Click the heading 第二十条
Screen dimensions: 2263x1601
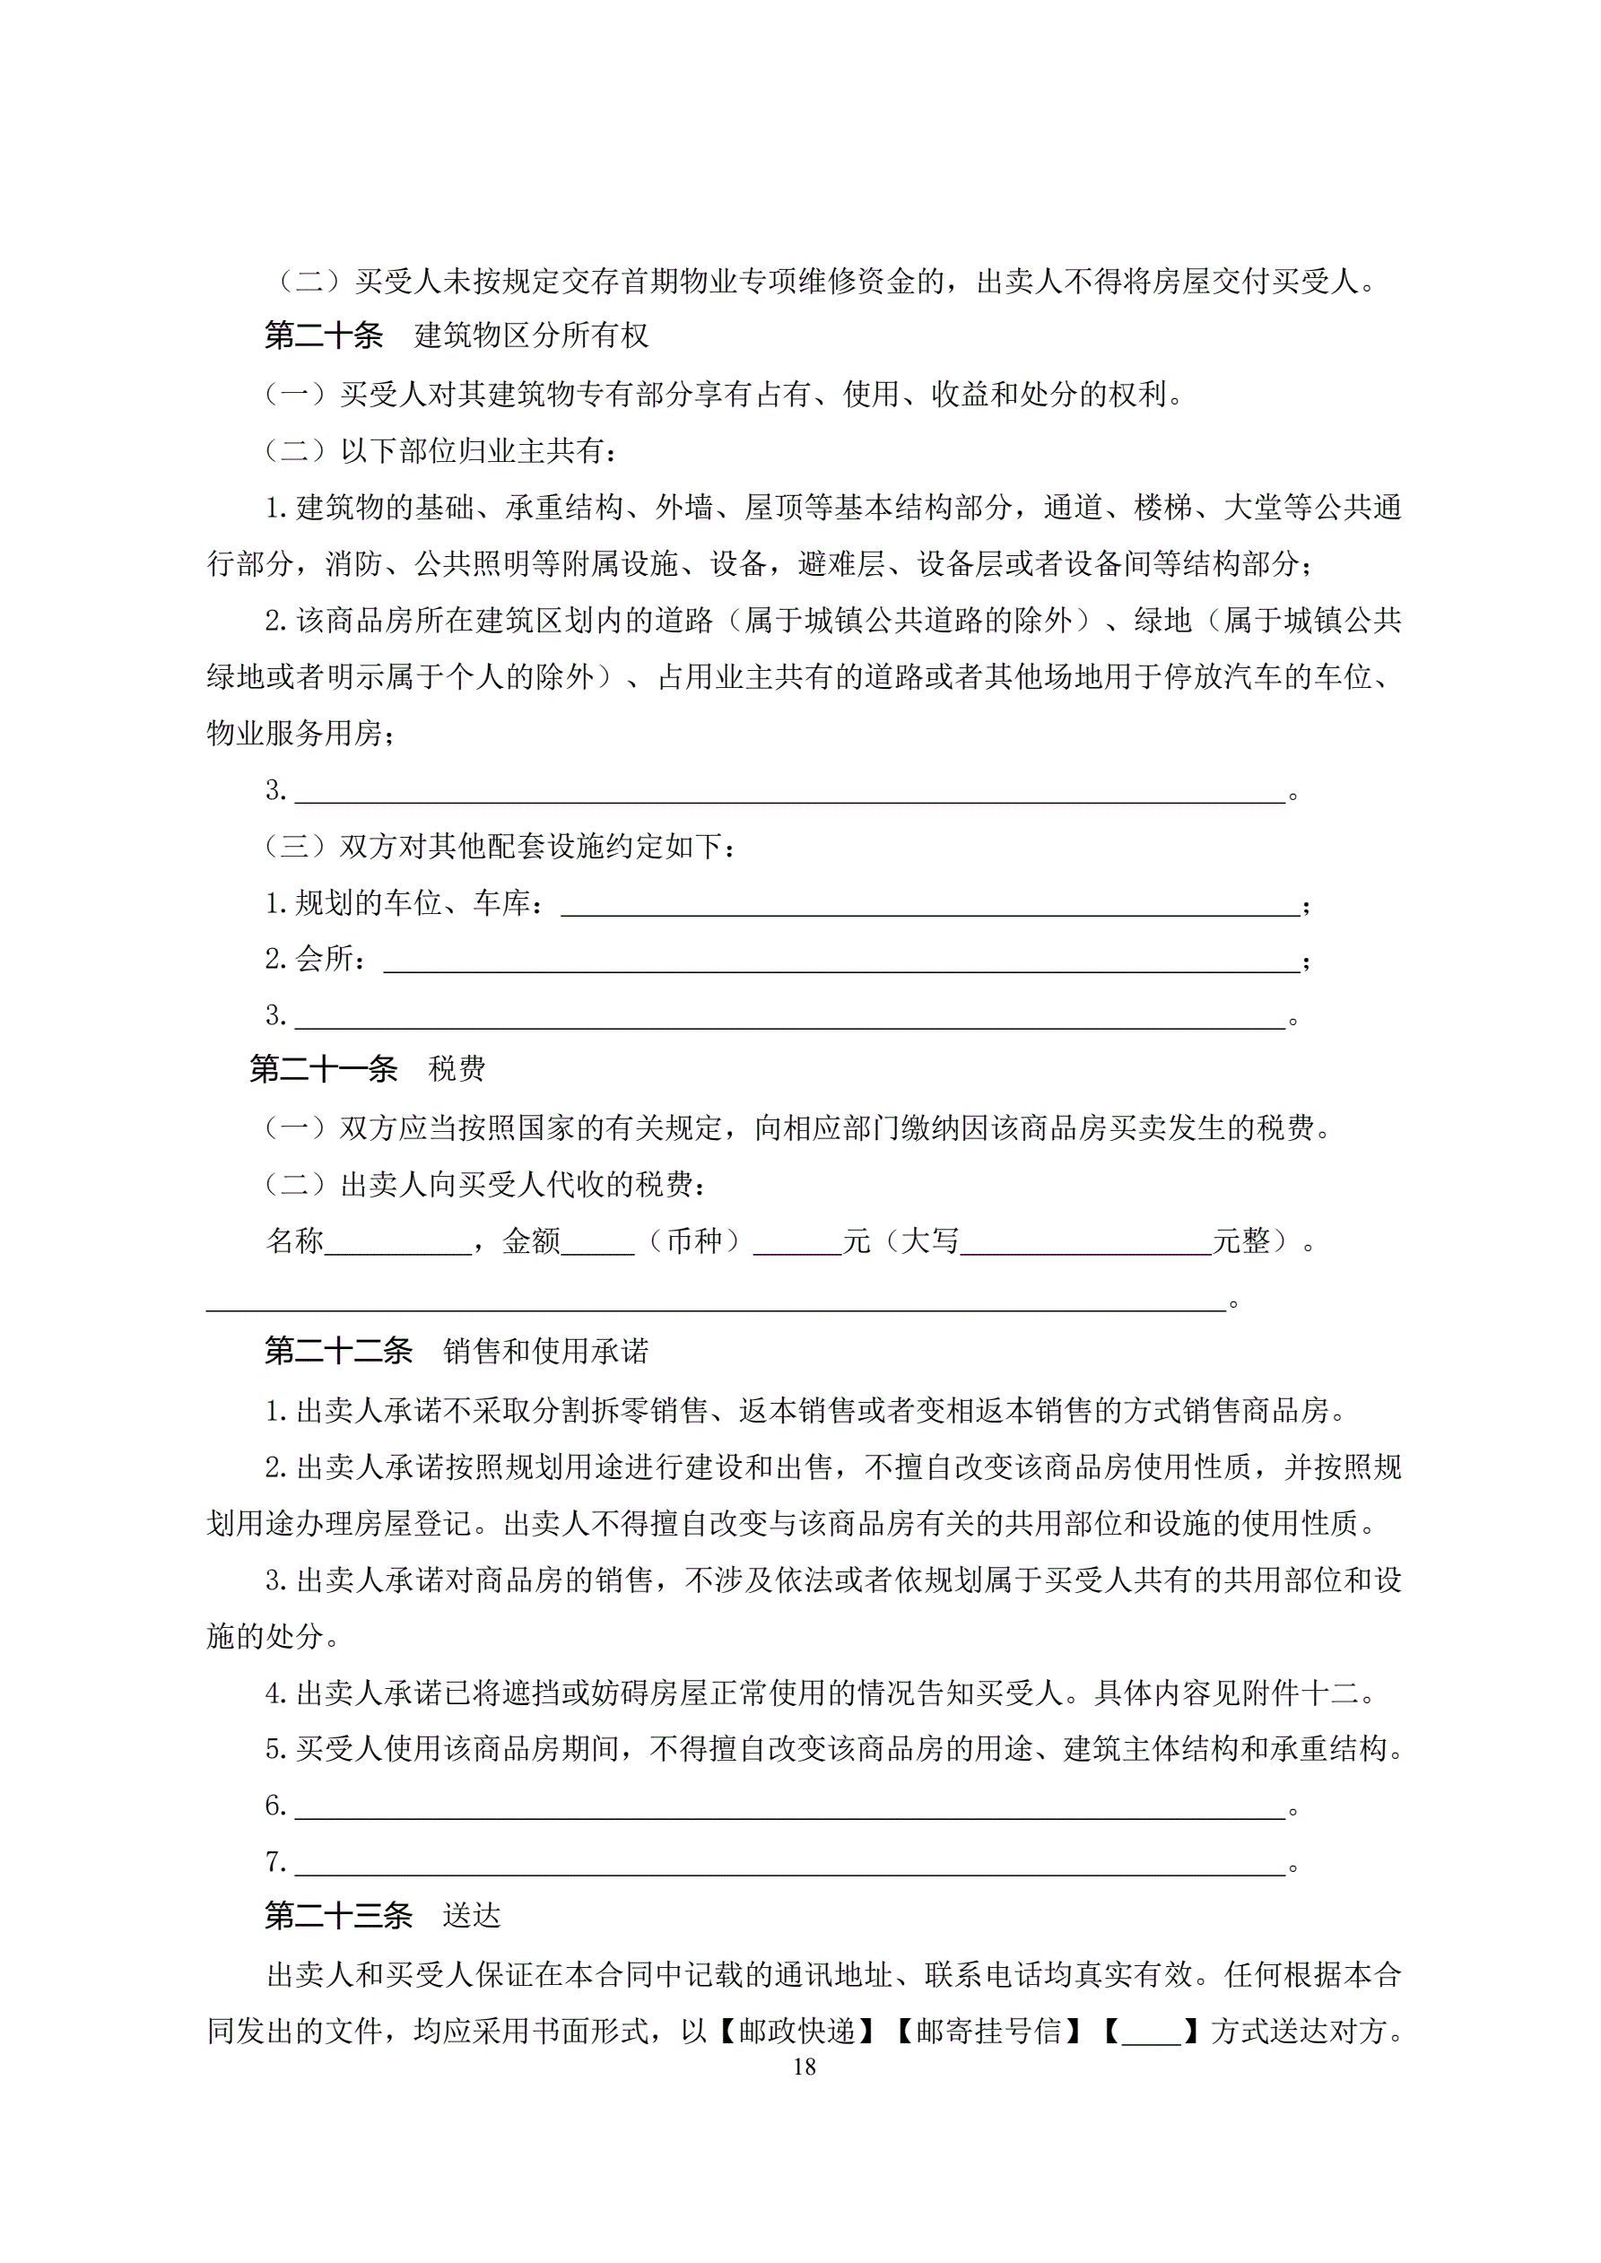(324, 336)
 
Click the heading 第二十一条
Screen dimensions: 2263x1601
(324, 1069)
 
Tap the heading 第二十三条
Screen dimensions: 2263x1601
(338, 1916)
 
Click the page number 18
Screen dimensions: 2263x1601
(804, 2067)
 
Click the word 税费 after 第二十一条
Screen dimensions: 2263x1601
(457, 1069)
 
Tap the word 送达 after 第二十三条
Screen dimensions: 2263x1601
(472, 1916)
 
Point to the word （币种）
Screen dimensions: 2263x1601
(694, 1242)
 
